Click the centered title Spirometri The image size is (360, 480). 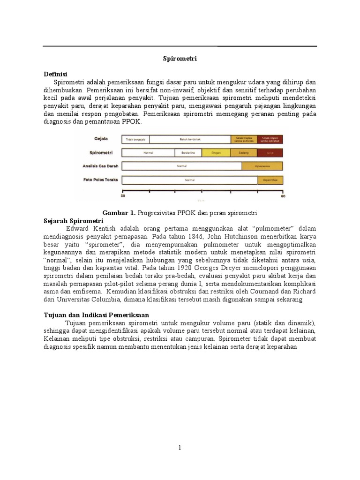coord(180,59)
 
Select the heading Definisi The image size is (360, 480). coord(56,74)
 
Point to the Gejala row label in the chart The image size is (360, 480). coord(100,139)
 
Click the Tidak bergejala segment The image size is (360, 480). coord(136,139)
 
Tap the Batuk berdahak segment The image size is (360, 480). coord(190,139)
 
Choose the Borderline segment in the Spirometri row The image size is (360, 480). coord(188,153)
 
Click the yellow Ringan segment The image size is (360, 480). coord(217,153)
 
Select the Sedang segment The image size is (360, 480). coord(244,153)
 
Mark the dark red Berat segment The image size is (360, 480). coord(270,153)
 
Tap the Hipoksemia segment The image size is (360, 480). coord(262,166)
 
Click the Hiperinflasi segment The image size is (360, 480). coord(270,180)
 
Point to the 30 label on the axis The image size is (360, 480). coord(123,197)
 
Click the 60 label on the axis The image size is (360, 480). coord(283,197)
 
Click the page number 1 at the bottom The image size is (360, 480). coord(180,448)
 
